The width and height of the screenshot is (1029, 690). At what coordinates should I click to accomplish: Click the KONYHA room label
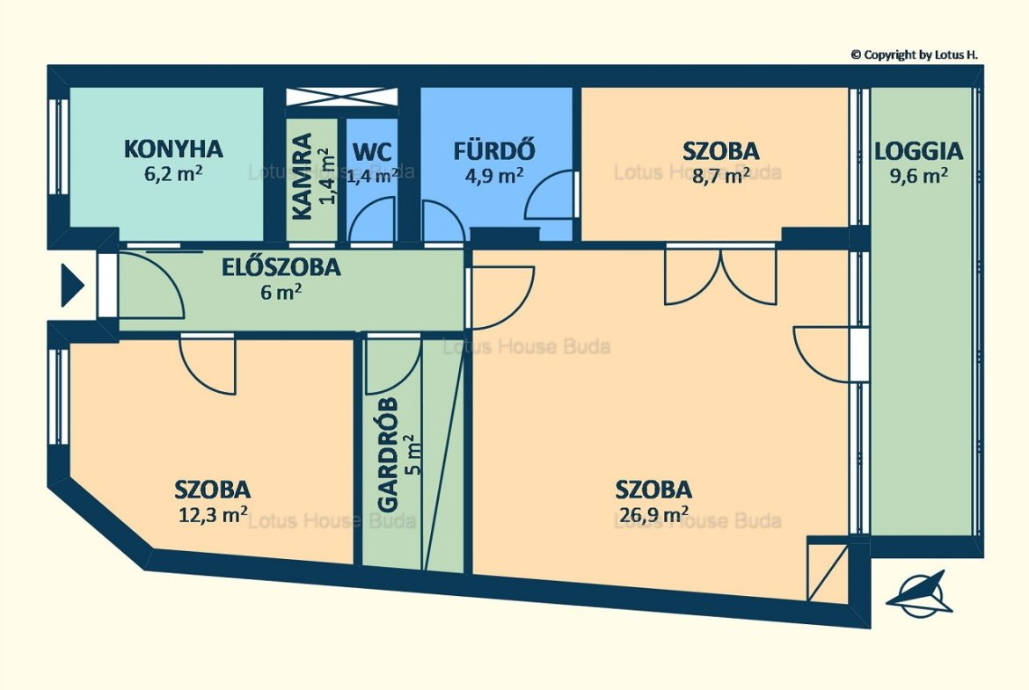coord(173,149)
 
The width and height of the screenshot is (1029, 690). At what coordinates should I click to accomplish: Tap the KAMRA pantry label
coord(301,177)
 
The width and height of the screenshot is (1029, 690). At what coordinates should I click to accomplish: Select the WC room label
coord(371,152)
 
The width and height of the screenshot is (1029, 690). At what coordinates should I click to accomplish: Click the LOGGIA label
coord(919,151)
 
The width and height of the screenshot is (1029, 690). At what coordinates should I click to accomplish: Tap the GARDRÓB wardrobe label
coord(388,454)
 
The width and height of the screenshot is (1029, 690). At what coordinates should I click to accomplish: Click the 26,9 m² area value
coord(653,515)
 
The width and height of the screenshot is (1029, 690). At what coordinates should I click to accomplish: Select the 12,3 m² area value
coord(213,514)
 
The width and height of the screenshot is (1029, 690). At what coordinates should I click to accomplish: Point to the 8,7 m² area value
coord(721,176)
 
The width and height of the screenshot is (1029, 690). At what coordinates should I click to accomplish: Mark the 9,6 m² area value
coord(919,176)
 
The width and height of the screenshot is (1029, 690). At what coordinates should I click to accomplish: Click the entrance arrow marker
coord(72,286)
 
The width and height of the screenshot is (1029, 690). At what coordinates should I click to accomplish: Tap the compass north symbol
coord(919,593)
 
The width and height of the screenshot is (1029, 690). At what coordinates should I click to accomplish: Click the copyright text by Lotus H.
coord(914,55)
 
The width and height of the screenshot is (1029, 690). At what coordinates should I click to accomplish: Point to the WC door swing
coord(373,221)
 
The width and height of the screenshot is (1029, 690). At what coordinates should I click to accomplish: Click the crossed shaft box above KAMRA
coord(342,97)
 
